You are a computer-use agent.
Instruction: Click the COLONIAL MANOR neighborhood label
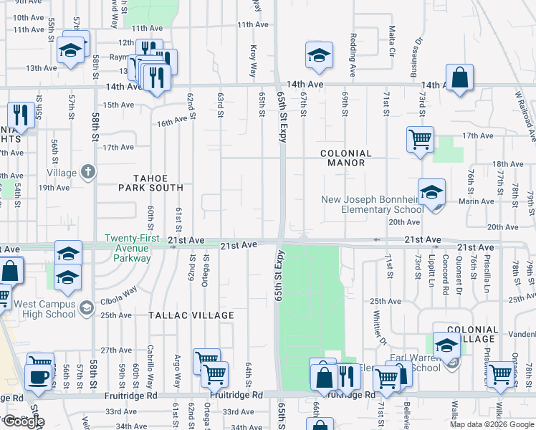click(x=345, y=158)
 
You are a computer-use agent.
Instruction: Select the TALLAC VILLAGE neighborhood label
click(x=191, y=315)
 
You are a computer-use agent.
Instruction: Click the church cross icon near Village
click(x=87, y=171)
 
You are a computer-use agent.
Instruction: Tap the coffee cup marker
click(x=37, y=376)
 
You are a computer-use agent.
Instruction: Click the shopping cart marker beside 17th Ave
click(x=420, y=139)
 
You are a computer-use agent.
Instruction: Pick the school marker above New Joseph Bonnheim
click(x=432, y=191)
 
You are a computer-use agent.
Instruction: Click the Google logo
click(x=23, y=421)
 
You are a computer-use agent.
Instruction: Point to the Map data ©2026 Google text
click(x=492, y=424)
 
